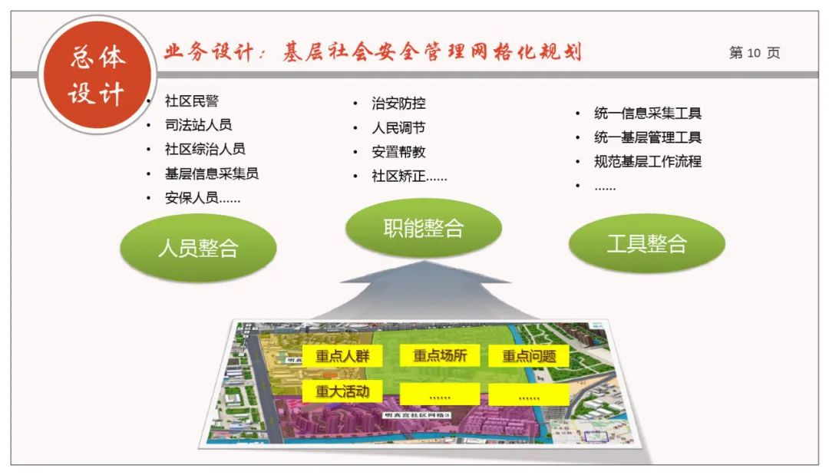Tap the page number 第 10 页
(x=754, y=53)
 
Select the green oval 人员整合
(x=198, y=248)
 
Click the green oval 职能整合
(x=424, y=228)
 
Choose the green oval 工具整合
(x=646, y=243)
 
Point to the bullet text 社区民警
(x=192, y=101)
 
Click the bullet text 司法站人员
(x=198, y=125)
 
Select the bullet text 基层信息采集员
(x=211, y=173)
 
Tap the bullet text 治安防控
(x=398, y=104)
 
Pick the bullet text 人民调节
(x=398, y=128)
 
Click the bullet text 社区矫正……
(x=409, y=176)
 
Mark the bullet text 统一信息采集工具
(x=647, y=114)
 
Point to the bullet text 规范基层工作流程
(x=647, y=162)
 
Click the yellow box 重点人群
(x=342, y=356)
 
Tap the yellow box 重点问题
(x=529, y=356)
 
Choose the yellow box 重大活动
(x=342, y=391)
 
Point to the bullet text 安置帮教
(x=398, y=152)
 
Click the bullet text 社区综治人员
(x=205, y=150)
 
